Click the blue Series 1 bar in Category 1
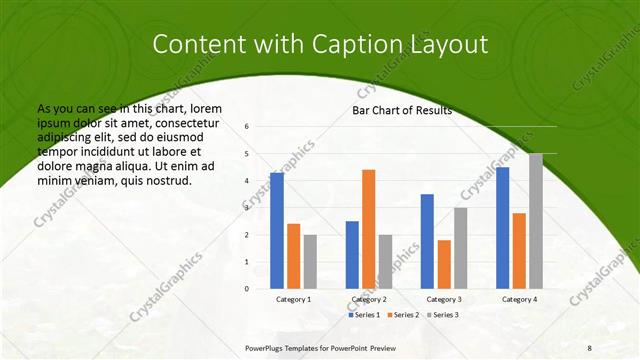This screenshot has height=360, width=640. pos(277,231)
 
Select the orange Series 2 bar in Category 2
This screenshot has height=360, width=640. pos(368,229)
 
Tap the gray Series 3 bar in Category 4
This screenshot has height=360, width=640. pos(536,221)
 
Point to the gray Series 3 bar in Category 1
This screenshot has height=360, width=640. pos(310,262)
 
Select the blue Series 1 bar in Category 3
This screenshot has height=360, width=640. pos(427,241)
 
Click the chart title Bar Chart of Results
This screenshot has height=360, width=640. pos(402,111)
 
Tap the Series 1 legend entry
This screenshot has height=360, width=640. pos(365,315)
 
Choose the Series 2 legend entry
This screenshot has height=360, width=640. pos(402,315)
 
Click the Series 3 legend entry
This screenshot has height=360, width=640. pos(440,315)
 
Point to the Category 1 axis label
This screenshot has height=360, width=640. pos(293,299)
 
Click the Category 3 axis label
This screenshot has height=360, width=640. pos(444,299)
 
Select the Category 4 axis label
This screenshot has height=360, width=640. pos(519,299)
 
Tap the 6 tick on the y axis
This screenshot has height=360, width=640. pos(247,127)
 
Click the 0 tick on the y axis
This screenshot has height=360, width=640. pos(247,289)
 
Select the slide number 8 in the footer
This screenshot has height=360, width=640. pos(589,347)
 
